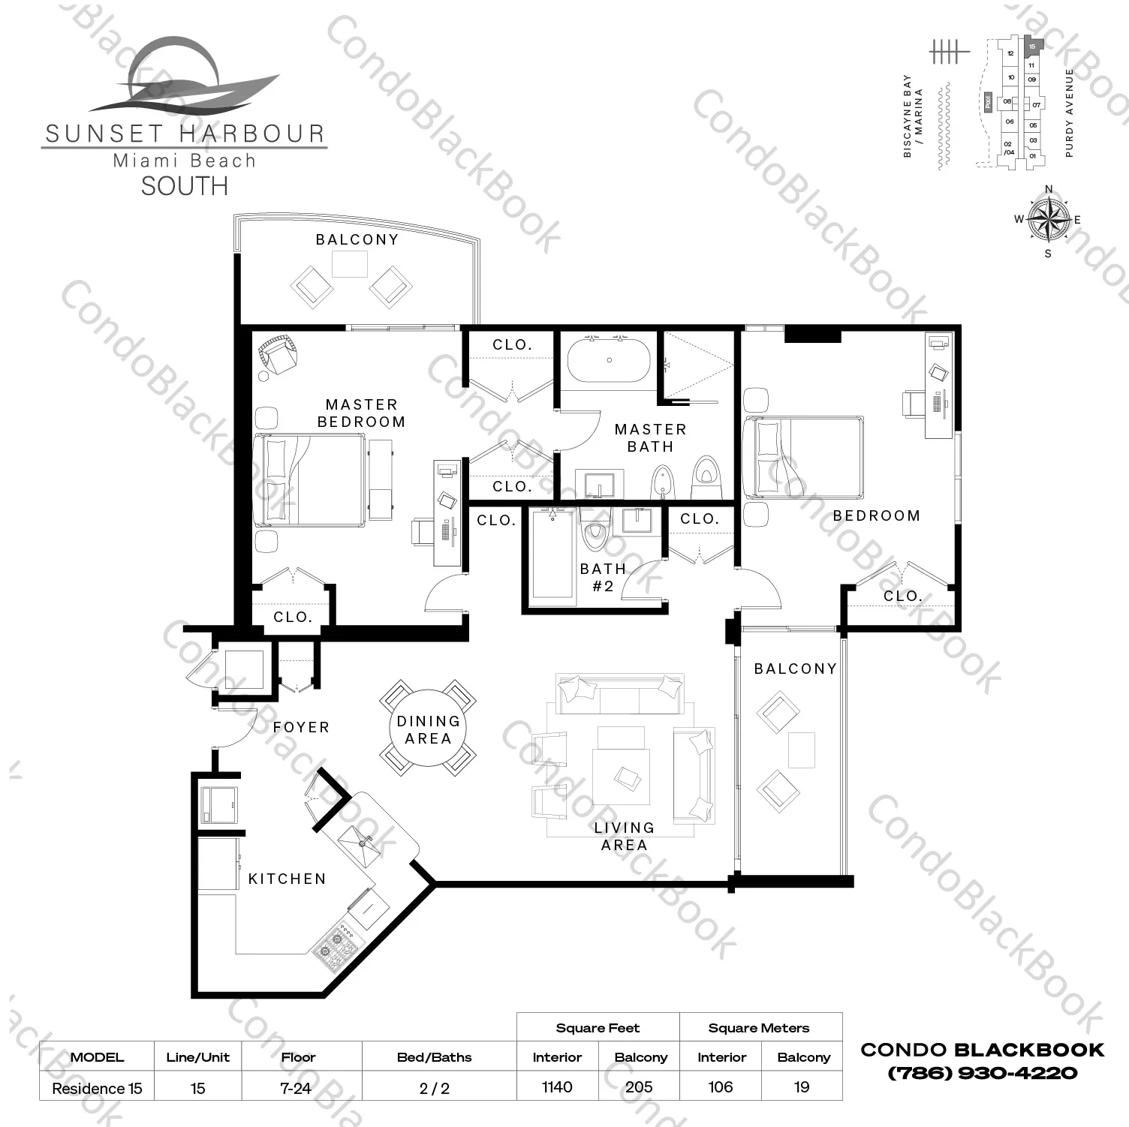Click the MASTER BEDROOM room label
point(361,413)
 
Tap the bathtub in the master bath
point(609,360)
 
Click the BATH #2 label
point(603,577)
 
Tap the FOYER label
point(301,727)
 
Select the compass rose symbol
point(1048,220)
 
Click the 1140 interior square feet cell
point(557,1086)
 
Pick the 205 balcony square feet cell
point(639,1086)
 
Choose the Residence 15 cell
point(97,1088)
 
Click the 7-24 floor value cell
point(296,1088)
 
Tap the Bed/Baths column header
point(434,1057)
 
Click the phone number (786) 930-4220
point(982,1073)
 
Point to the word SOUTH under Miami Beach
point(185,186)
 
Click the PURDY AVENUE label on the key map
point(1070,113)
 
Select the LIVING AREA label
point(624,836)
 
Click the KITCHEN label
point(287,879)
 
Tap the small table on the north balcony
point(350,264)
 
